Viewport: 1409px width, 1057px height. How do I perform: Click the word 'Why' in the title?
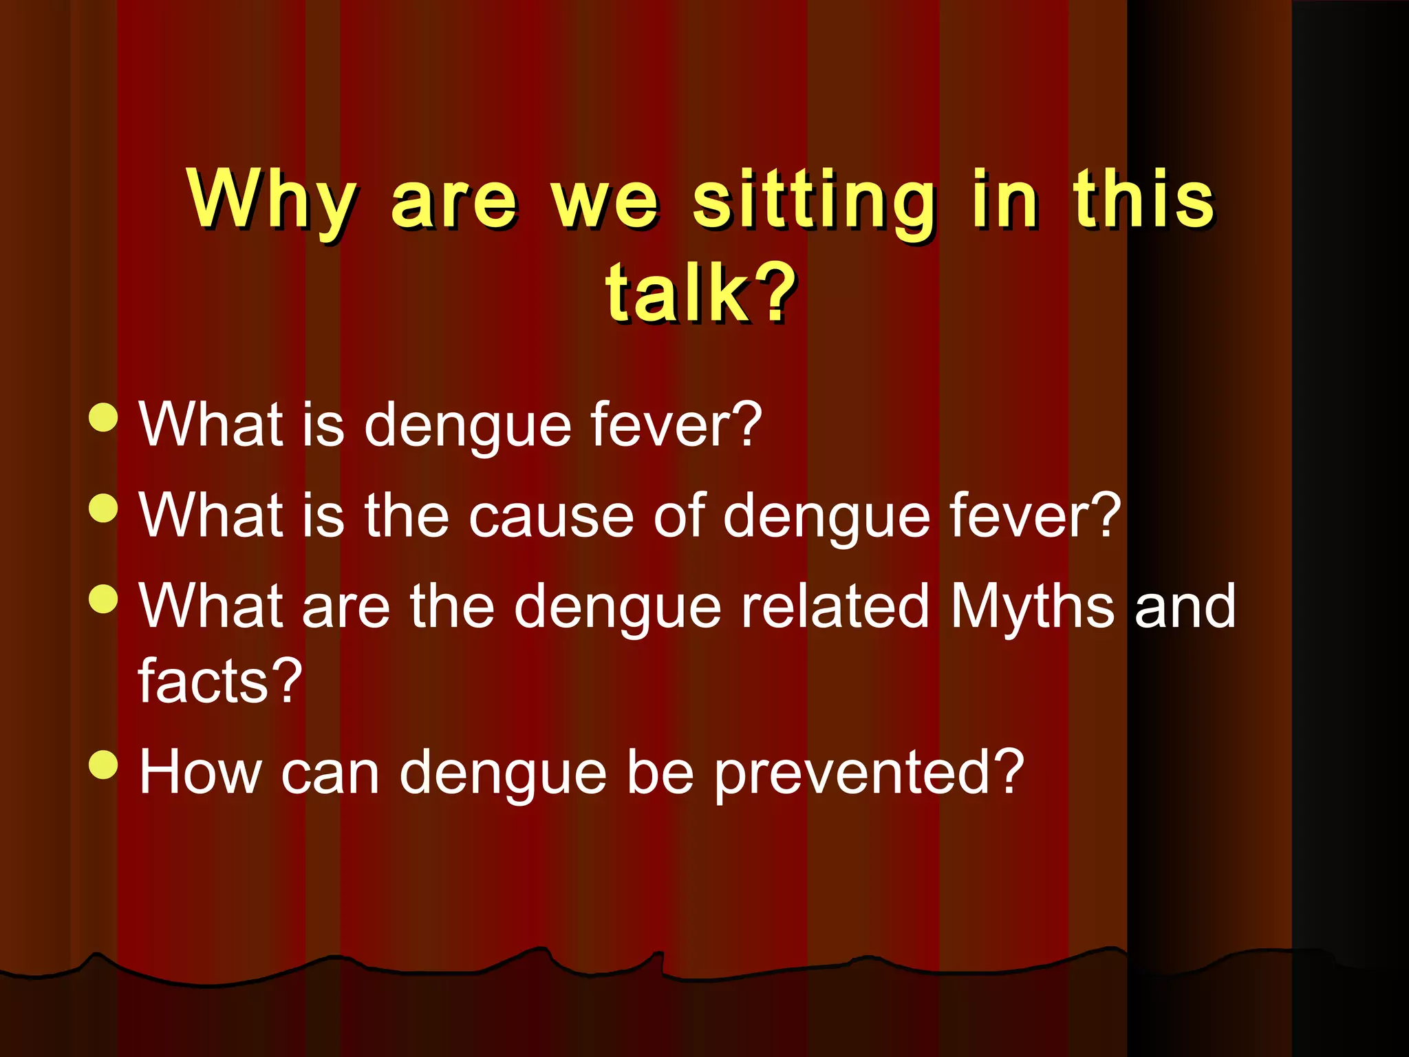pos(271,201)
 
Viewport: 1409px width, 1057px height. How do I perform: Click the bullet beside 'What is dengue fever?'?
pos(104,417)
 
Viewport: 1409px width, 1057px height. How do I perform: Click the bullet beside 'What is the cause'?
pos(104,509)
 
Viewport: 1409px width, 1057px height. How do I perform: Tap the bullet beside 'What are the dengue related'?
pos(104,599)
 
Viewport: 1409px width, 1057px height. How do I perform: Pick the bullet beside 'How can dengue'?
pos(104,765)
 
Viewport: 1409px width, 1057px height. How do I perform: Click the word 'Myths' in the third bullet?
pos(1032,607)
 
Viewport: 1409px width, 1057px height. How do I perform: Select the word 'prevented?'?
pos(868,773)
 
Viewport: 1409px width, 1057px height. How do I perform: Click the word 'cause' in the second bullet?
pos(551,516)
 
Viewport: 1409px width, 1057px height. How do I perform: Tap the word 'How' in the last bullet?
pos(200,772)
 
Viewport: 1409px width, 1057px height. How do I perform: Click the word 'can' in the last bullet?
pos(330,773)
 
